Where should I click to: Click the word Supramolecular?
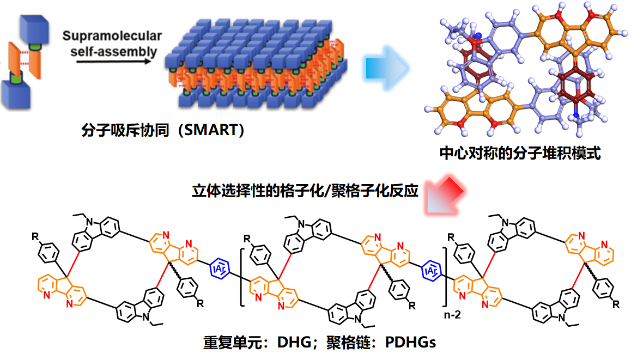coord(112,36)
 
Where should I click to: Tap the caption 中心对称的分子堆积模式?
coord(520,154)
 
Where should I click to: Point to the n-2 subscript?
coord(451,314)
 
